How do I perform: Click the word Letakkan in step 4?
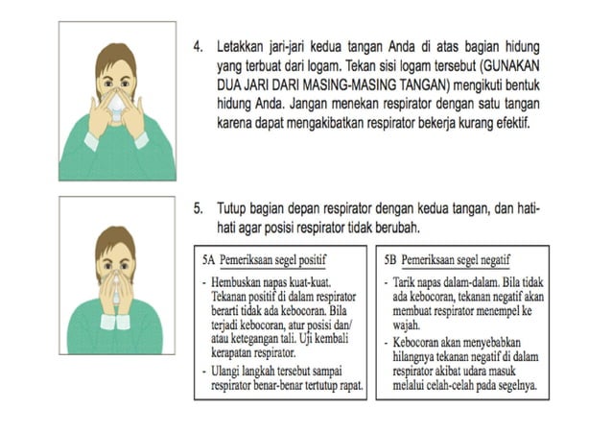[x=243, y=47]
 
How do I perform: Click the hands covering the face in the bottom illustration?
[x=115, y=283]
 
